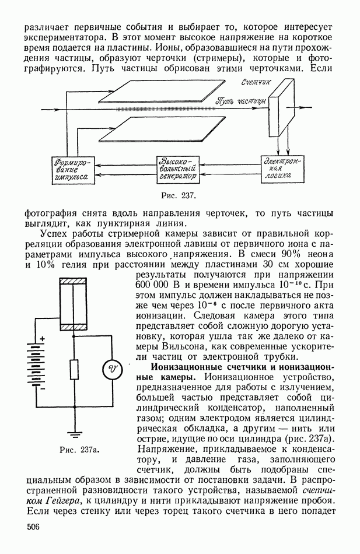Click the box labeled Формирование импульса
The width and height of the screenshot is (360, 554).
click(x=70, y=169)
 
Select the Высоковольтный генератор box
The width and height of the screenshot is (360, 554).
click(x=178, y=168)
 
